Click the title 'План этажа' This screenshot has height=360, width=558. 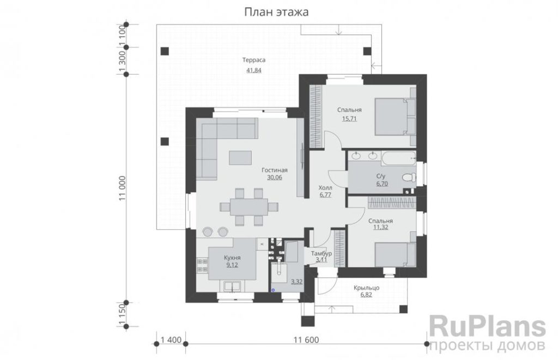[276, 12]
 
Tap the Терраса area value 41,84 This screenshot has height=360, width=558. [254, 70]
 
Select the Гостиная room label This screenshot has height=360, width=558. [275, 170]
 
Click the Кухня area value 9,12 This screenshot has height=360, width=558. [232, 265]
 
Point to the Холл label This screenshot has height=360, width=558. [325, 187]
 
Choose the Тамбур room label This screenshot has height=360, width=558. [322, 254]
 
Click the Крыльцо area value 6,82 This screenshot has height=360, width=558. [366, 295]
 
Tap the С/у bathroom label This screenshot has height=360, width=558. [381, 176]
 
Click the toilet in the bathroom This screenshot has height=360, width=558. [409, 177]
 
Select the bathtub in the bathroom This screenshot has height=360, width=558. [398, 158]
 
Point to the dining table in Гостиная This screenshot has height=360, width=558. [248, 206]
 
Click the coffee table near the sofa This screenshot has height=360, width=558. [240, 157]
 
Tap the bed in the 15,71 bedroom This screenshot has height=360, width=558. [395, 117]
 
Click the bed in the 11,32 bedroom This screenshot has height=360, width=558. [395, 254]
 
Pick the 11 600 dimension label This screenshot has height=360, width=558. [306, 340]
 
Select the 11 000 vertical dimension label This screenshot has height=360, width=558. [123, 188]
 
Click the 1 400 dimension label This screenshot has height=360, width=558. [171, 340]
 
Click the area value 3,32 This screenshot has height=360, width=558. [297, 282]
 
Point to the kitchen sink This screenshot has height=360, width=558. [232, 286]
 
